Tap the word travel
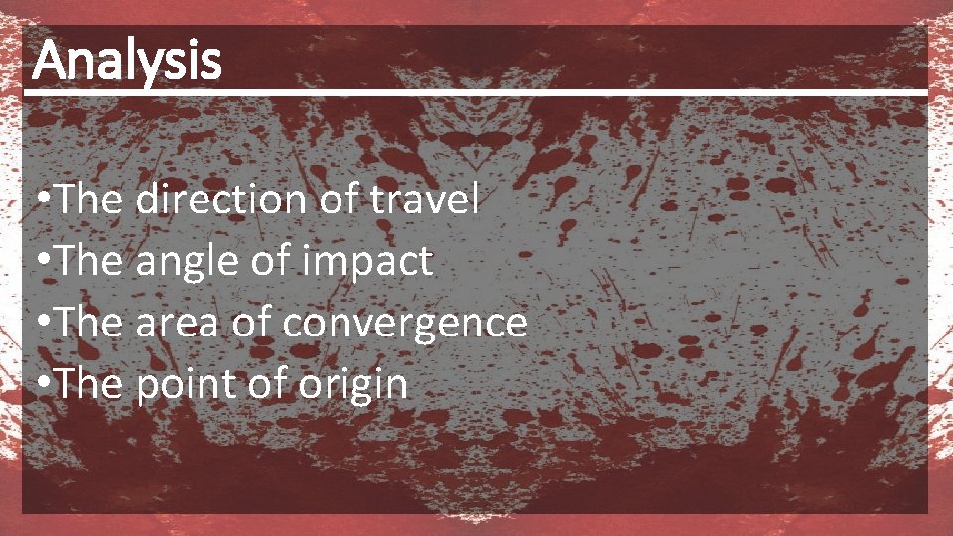(x=424, y=200)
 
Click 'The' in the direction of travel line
(x=89, y=200)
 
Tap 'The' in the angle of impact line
(x=89, y=261)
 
